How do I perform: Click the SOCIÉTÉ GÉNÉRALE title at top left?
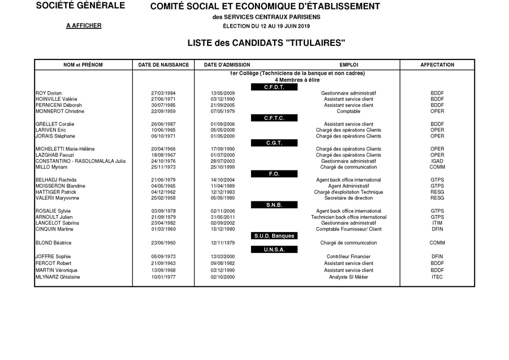point(80,6)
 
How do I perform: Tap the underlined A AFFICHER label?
point(83,26)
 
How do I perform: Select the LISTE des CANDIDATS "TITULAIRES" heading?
point(266,43)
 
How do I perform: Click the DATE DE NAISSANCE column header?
point(163,65)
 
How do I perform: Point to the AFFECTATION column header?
point(437,65)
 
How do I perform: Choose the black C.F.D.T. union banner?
point(274,87)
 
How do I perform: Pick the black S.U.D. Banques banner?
point(274,236)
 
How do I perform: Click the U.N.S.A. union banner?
point(274,250)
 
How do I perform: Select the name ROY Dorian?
point(49,93)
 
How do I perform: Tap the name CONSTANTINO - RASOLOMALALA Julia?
point(81,161)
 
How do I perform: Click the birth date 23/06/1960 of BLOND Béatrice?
point(163,243)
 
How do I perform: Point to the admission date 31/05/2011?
point(222,217)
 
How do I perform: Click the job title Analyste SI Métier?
point(348,277)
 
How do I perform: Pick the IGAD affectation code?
point(437,161)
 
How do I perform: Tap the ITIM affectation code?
point(437,223)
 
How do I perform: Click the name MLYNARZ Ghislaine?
point(58,277)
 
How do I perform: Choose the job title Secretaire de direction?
point(348,199)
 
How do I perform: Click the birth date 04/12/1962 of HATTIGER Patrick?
point(163,192)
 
